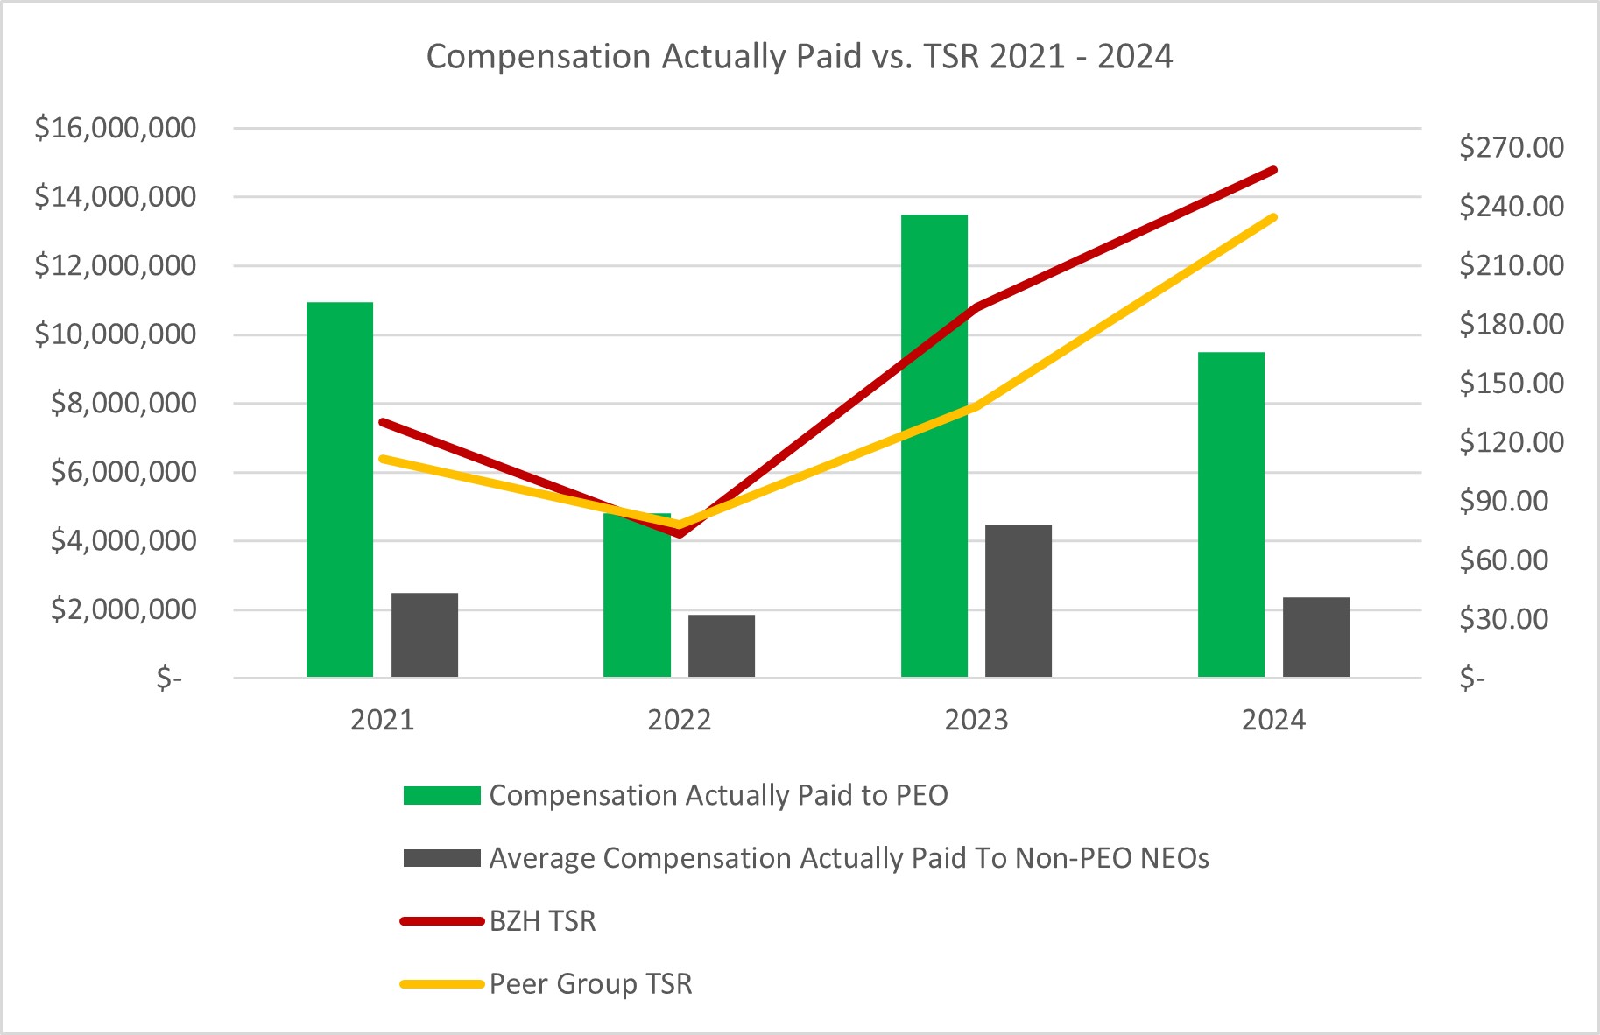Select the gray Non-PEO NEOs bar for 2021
[x=424, y=636]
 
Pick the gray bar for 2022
[x=721, y=646]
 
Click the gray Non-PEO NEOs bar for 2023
[x=1018, y=601]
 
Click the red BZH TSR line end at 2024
[x=1273, y=170]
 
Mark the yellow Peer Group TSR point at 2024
[x=1273, y=217]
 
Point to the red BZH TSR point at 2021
[x=383, y=422]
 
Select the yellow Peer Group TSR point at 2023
[x=976, y=406]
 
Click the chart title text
[x=799, y=57]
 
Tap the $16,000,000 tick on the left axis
[x=115, y=129]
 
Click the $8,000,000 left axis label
[x=123, y=404]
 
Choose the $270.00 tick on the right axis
[x=1511, y=147]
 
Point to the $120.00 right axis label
[x=1511, y=442]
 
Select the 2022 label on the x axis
[x=679, y=721]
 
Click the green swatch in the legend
[x=441, y=795]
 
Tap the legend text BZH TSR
[x=542, y=921]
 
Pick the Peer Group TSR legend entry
[x=590, y=984]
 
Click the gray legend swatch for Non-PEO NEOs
[x=441, y=858]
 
